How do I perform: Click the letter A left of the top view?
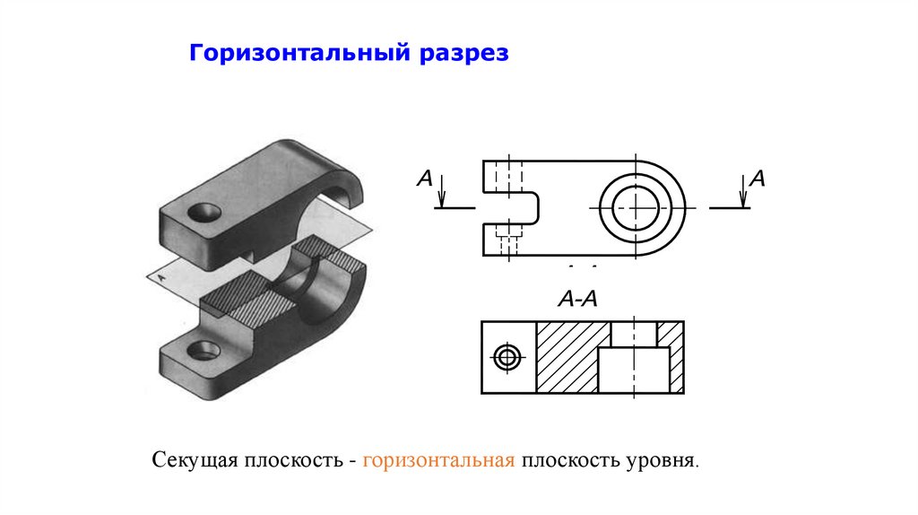click(425, 179)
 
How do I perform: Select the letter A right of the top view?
click(757, 179)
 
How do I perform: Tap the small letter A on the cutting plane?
click(161, 278)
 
